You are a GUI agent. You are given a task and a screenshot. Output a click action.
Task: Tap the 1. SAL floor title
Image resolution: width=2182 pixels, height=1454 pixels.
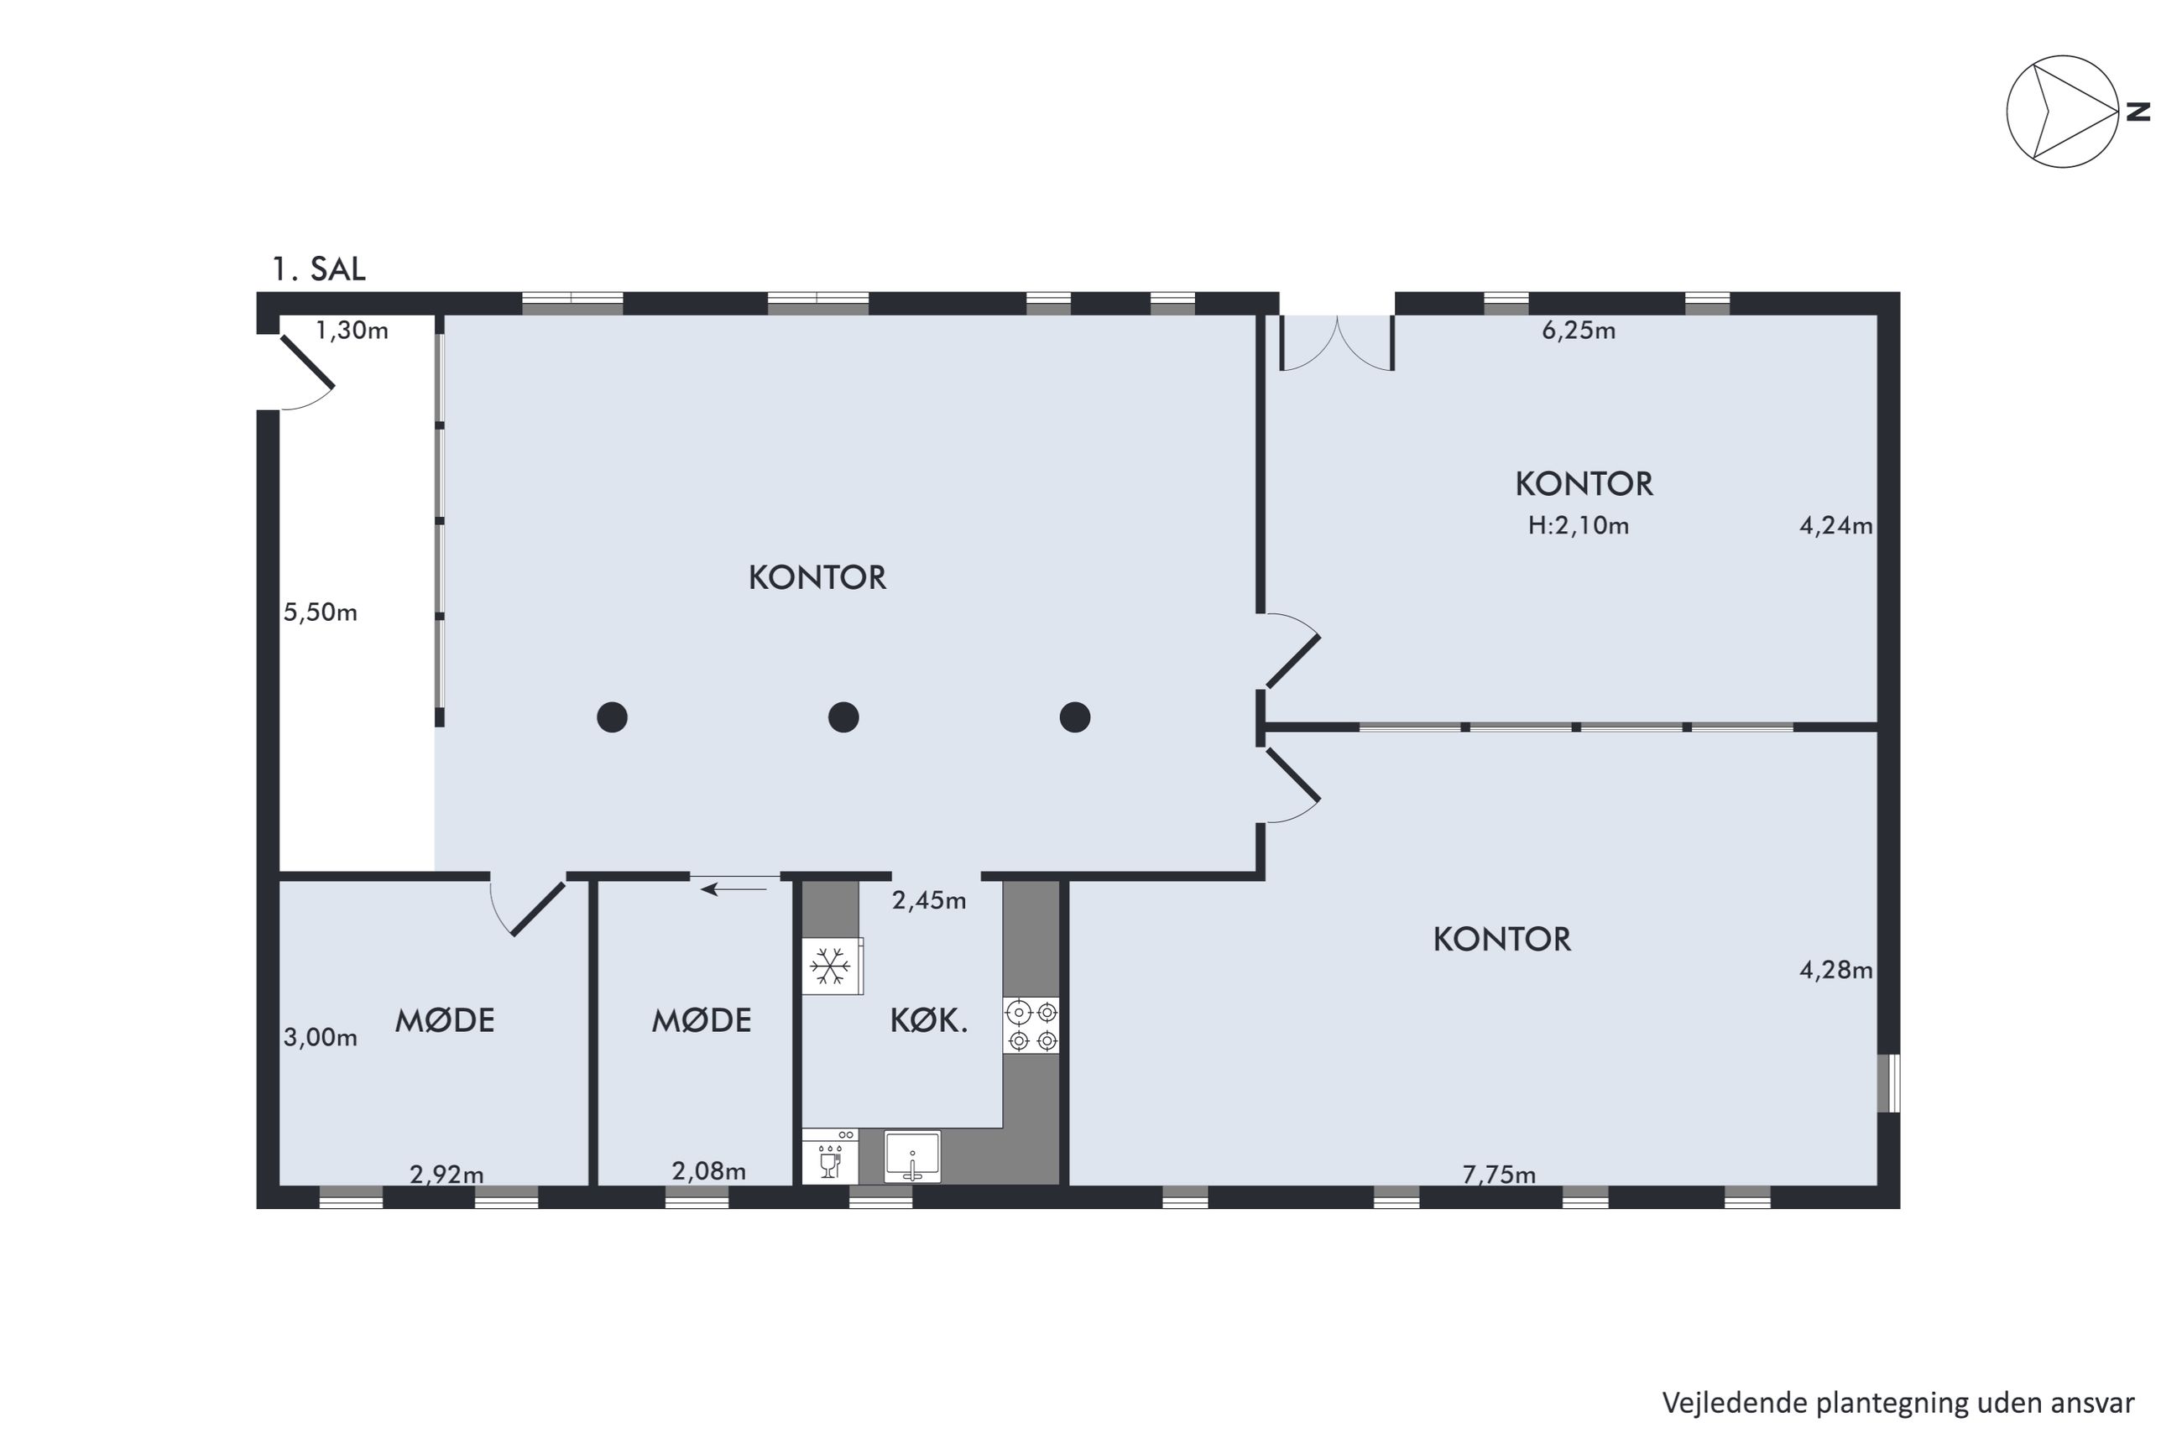coord(318,269)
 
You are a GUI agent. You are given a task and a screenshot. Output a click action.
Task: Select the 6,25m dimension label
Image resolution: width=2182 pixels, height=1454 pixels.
coord(1579,331)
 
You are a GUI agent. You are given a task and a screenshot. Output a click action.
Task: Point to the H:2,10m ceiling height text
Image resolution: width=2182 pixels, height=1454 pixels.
coord(1579,526)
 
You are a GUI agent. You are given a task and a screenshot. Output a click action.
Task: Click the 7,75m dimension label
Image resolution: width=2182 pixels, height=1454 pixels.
coord(1499,1175)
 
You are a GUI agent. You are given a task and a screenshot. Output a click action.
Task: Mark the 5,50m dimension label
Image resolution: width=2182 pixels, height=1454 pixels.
coord(320,612)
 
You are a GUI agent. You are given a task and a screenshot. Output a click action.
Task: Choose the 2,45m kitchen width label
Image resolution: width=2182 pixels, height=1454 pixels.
coord(929,899)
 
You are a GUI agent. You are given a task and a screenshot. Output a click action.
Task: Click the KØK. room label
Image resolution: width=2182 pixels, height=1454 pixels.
coord(929,1021)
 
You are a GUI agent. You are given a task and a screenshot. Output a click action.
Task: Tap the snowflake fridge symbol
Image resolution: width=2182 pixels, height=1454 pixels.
coord(831,967)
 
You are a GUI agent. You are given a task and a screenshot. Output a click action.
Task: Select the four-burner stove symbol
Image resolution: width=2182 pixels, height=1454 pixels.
coord(1031,1024)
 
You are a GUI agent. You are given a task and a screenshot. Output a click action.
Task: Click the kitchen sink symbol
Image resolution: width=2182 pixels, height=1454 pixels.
coord(912,1156)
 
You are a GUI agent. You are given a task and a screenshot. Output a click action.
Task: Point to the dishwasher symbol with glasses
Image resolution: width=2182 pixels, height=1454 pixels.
coord(830,1155)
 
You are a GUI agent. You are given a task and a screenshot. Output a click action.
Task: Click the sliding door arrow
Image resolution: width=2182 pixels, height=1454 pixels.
coord(733,890)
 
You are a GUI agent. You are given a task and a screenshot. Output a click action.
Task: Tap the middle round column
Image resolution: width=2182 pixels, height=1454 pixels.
coord(843,717)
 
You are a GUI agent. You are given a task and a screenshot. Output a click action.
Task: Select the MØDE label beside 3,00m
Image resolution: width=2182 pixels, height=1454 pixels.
coord(445,1021)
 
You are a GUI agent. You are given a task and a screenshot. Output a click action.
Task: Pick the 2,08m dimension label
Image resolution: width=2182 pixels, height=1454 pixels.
coord(708,1171)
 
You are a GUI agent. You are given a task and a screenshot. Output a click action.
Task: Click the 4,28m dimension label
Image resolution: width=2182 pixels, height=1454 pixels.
coord(1836,970)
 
